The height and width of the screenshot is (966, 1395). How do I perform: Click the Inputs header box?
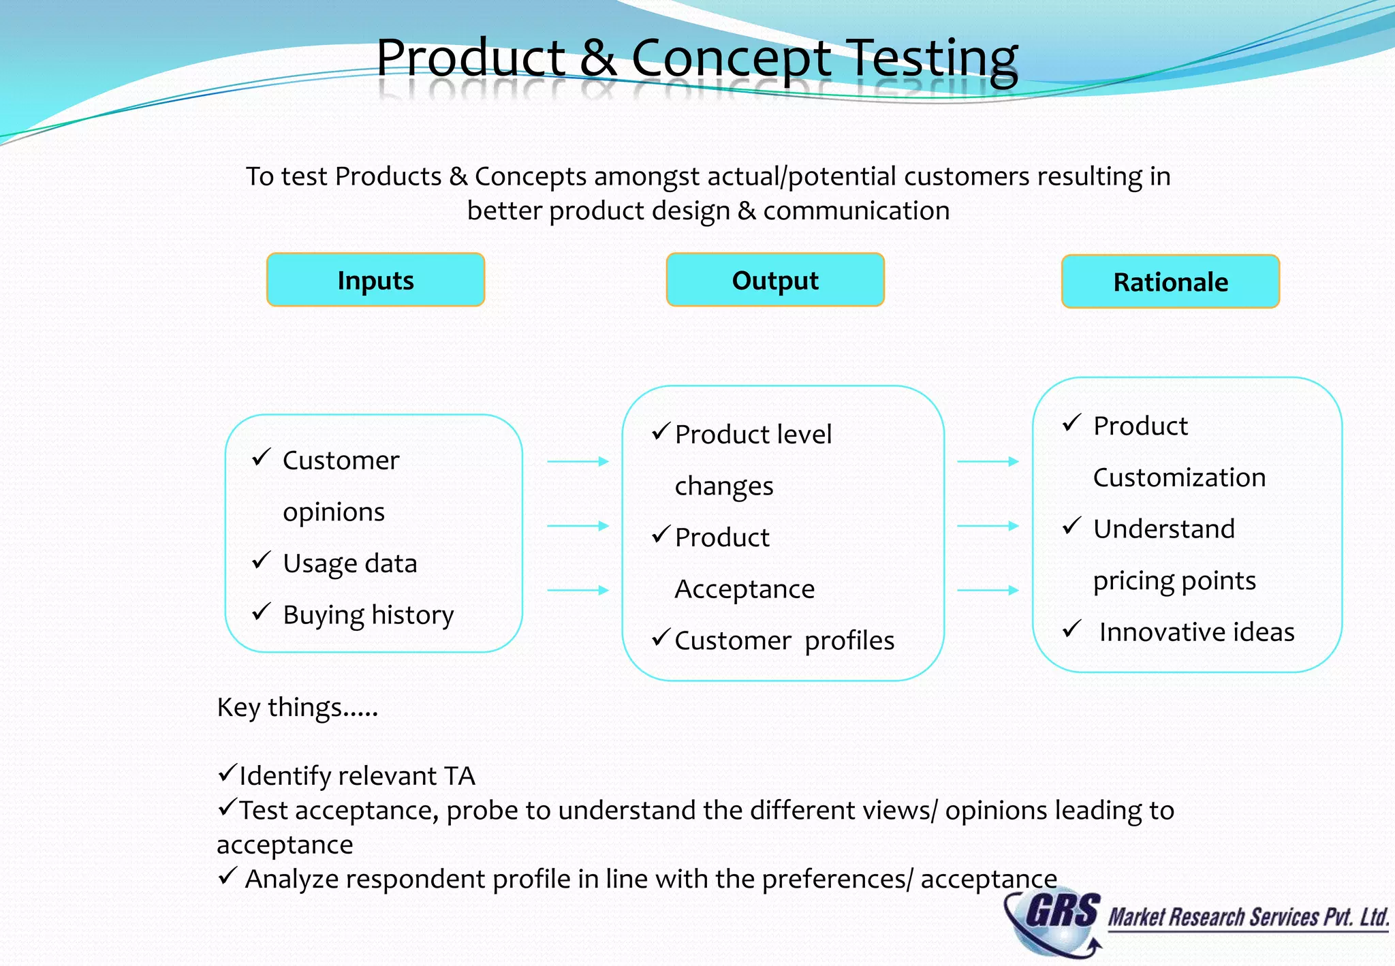point(375,280)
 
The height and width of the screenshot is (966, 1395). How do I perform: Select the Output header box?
point(775,280)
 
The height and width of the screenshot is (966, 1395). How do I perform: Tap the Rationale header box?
point(1170,281)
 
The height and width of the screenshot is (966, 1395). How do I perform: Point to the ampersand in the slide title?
point(598,59)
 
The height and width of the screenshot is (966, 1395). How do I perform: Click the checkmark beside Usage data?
point(262,561)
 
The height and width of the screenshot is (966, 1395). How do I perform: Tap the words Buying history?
point(368,614)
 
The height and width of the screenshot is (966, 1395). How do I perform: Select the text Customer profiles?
point(784,640)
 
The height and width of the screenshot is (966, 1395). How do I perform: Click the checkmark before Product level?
point(661,431)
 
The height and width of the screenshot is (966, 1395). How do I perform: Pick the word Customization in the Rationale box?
point(1179,478)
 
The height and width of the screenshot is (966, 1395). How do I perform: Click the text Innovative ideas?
point(1196,632)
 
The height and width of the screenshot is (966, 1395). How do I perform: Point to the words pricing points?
point(1174,581)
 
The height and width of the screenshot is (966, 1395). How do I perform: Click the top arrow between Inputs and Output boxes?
point(578,462)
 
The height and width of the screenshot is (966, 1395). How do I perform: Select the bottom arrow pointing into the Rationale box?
point(988,590)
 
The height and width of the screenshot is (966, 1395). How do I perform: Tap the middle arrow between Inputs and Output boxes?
point(578,526)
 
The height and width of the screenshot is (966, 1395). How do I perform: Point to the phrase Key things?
point(297,708)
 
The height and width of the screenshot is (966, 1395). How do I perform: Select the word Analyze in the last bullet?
point(292,879)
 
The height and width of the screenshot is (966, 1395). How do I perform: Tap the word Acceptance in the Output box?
point(744,589)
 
